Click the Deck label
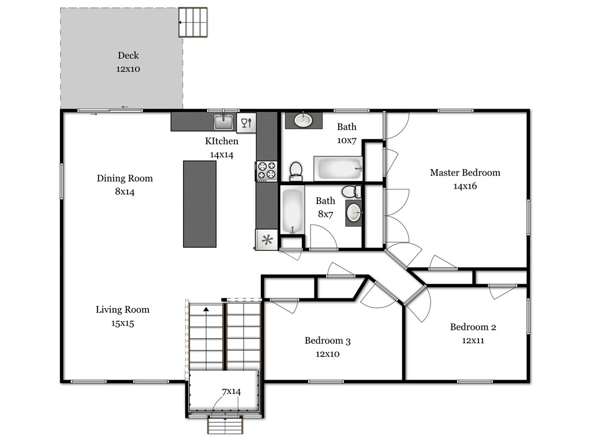coord(128,55)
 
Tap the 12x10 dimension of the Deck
coord(128,69)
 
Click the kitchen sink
coord(223,122)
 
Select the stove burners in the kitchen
coord(267,171)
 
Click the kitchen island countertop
coord(200,204)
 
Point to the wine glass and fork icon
coord(246,122)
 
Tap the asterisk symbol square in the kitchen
coord(267,239)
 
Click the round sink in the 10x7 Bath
coord(303,120)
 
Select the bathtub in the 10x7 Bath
coord(338,169)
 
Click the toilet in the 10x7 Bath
coord(296,171)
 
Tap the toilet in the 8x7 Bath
coord(351,192)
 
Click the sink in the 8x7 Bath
coord(354,213)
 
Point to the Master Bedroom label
coord(465,172)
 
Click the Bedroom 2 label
coord(473,327)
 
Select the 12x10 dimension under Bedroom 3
coord(328,354)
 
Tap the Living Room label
coord(122,310)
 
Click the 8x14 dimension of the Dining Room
coord(125,192)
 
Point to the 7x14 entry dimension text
coord(231,392)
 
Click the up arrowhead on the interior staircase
coord(206,309)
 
